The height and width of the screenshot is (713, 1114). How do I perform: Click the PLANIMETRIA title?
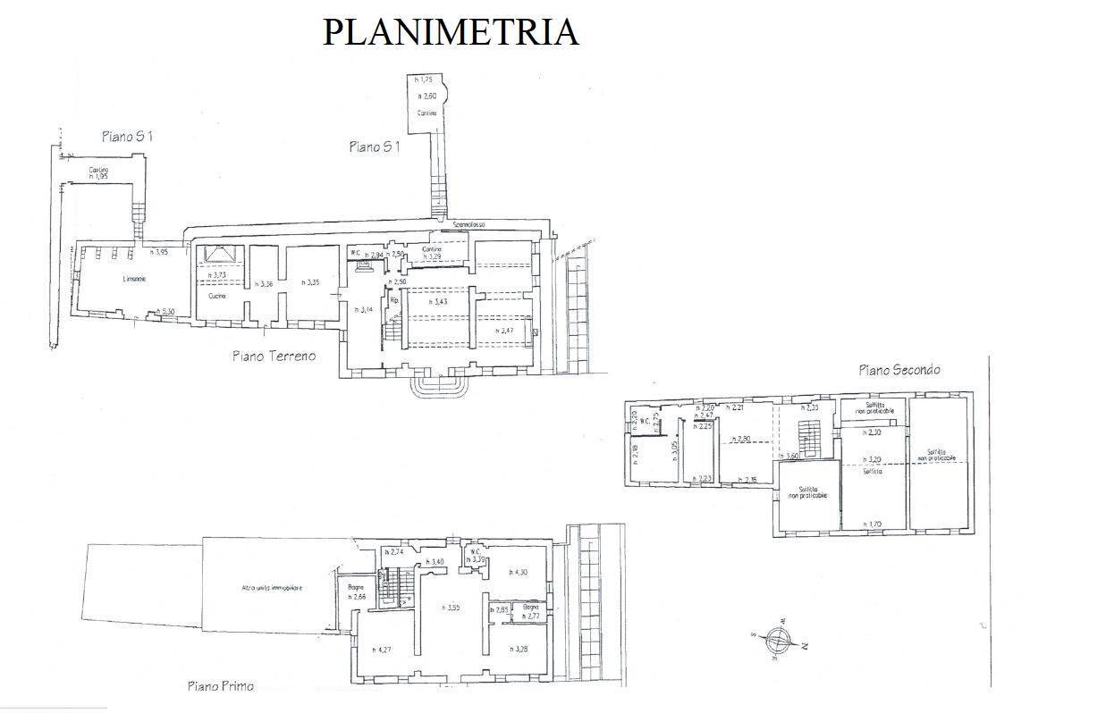450,31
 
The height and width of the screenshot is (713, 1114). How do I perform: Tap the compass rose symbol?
781,641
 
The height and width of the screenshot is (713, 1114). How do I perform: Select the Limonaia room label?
134,280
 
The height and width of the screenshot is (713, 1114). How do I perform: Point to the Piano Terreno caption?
274,356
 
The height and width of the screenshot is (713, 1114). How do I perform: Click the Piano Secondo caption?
899,369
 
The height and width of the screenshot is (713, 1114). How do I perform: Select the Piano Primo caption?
220,686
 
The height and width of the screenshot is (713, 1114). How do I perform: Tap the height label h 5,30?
165,311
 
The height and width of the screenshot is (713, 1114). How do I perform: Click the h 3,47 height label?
505,331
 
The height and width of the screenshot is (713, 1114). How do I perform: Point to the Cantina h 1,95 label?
97,173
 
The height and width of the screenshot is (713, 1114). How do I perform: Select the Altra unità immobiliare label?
272,587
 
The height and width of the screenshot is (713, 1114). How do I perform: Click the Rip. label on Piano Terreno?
392,301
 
